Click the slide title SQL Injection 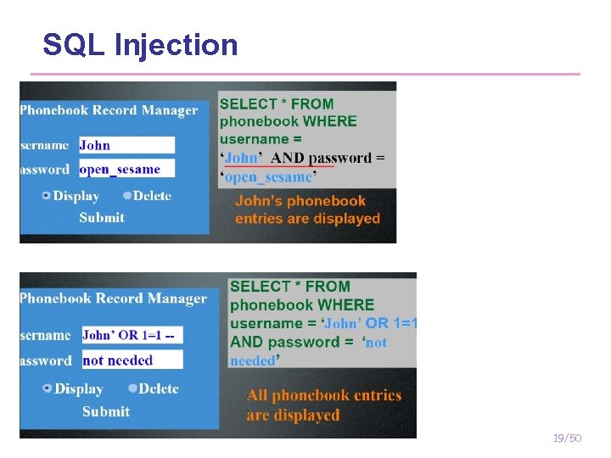[x=140, y=44]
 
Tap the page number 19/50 [x=566, y=438]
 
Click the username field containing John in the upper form [x=126, y=145]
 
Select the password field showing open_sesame [x=126, y=168]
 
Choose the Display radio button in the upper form [x=46, y=196]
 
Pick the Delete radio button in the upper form [x=126, y=196]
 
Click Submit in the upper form [x=102, y=217]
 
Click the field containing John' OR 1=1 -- [x=132, y=335]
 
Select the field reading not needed [x=132, y=360]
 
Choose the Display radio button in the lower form [x=48, y=388]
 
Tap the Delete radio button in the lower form [x=132, y=388]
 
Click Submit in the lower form [x=106, y=411]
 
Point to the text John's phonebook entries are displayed [x=307, y=209]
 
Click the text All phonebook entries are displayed [x=324, y=405]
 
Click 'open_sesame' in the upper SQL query [x=268, y=177]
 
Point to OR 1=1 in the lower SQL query [x=392, y=323]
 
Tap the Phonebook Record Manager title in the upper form [x=109, y=110]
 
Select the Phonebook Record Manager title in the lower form [x=113, y=299]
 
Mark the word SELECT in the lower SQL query [x=259, y=287]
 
